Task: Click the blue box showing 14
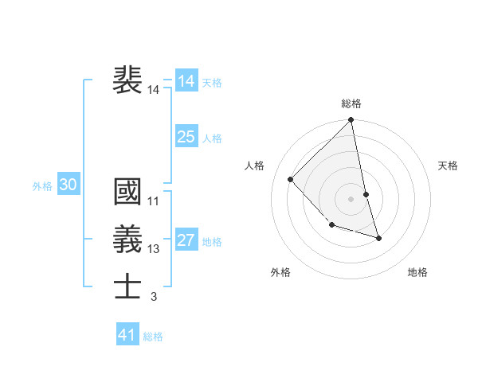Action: coord(186,80)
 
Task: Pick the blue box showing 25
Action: coord(186,137)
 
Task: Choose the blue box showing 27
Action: coord(186,240)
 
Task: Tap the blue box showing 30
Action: coord(68,185)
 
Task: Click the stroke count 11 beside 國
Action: coord(154,201)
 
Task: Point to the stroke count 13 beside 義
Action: coord(154,249)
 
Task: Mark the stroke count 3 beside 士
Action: coord(154,297)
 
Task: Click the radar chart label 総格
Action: coord(351,103)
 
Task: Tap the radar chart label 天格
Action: coord(448,166)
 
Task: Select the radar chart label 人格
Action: coord(254,166)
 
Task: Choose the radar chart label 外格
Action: coord(280,272)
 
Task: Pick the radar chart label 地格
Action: coord(417,272)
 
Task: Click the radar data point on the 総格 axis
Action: coord(351,120)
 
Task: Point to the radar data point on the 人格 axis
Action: coord(291,179)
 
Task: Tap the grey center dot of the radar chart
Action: coord(351,198)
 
